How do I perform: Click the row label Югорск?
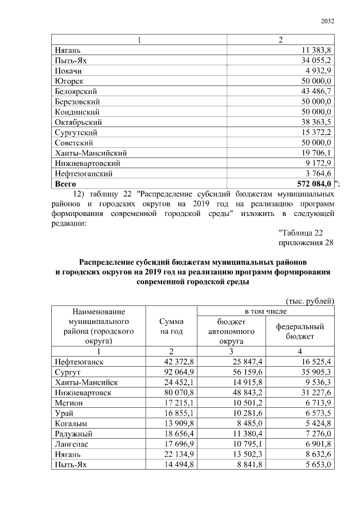coord(69,81)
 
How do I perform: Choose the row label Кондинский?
coord(78,112)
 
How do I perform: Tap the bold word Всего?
coord(65,183)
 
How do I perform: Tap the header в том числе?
coord(265,310)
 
